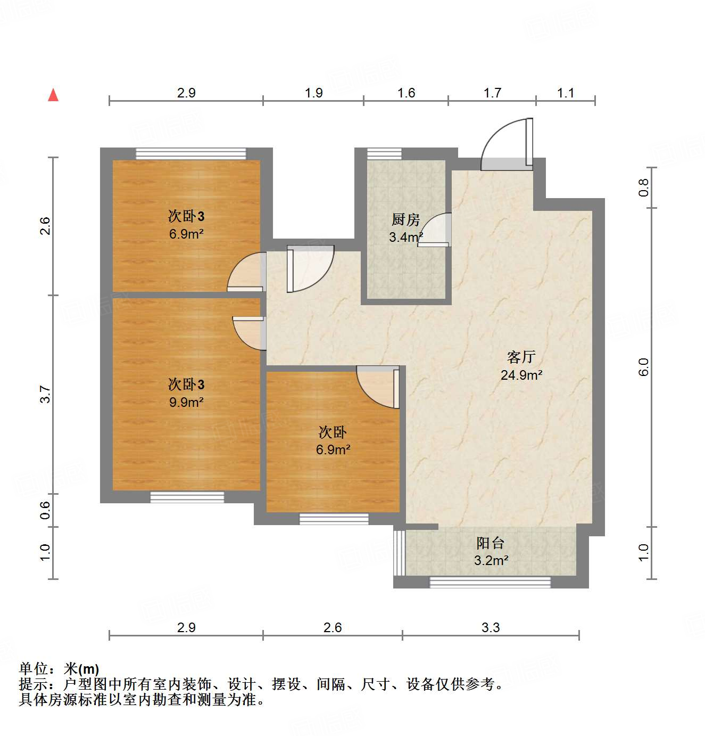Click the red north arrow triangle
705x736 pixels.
coord(53,95)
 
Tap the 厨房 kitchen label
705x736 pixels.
coord(405,219)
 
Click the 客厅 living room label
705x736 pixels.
coord(521,357)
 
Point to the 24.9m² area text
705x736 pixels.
coord(521,375)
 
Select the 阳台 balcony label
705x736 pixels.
coord(490,543)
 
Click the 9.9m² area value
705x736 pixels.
coord(186,402)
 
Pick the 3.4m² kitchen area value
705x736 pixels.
coord(405,237)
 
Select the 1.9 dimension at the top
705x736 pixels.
coord(313,93)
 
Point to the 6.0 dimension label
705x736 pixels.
coord(644,367)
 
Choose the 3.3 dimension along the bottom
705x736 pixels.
coord(491,628)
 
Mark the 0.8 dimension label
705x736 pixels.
coord(644,187)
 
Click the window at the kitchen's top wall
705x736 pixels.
coord(384,154)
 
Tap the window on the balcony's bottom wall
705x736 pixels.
coord(490,582)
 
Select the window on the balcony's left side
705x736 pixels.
coord(399,553)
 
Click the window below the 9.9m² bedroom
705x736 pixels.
coord(187,497)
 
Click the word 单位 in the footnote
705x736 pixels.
coord(33,669)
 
